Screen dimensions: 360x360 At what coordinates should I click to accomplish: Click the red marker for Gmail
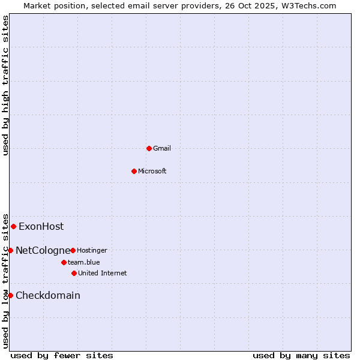[149, 148]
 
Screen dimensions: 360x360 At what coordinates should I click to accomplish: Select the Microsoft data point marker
[134, 171]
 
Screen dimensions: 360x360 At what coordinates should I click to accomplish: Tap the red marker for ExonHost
[13, 226]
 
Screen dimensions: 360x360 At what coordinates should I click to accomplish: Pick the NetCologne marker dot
[10, 250]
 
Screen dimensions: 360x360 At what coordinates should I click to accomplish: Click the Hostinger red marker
[73, 250]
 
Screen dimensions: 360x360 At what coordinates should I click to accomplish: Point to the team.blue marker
[64, 262]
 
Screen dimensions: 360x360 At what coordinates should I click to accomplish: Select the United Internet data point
[74, 273]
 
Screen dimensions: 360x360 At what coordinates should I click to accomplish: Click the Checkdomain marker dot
[10, 295]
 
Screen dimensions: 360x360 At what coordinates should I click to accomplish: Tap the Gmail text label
[162, 148]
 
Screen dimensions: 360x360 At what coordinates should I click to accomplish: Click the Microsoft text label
[152, 171]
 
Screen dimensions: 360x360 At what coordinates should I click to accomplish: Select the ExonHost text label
[41, 226]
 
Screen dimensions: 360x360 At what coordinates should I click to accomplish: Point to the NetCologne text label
[43, 250]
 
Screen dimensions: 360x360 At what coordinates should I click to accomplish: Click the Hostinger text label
[92, 250]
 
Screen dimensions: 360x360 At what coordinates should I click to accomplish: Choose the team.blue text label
[84, 262]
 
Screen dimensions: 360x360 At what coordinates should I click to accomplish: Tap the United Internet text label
[103, 273]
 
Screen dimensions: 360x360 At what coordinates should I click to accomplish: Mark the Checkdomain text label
[48, 295]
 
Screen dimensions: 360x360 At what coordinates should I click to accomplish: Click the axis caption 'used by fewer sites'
[62, 355]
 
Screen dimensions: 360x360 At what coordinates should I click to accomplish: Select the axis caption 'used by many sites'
[301, 355]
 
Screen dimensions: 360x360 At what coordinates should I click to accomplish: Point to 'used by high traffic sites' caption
[5, 85]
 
